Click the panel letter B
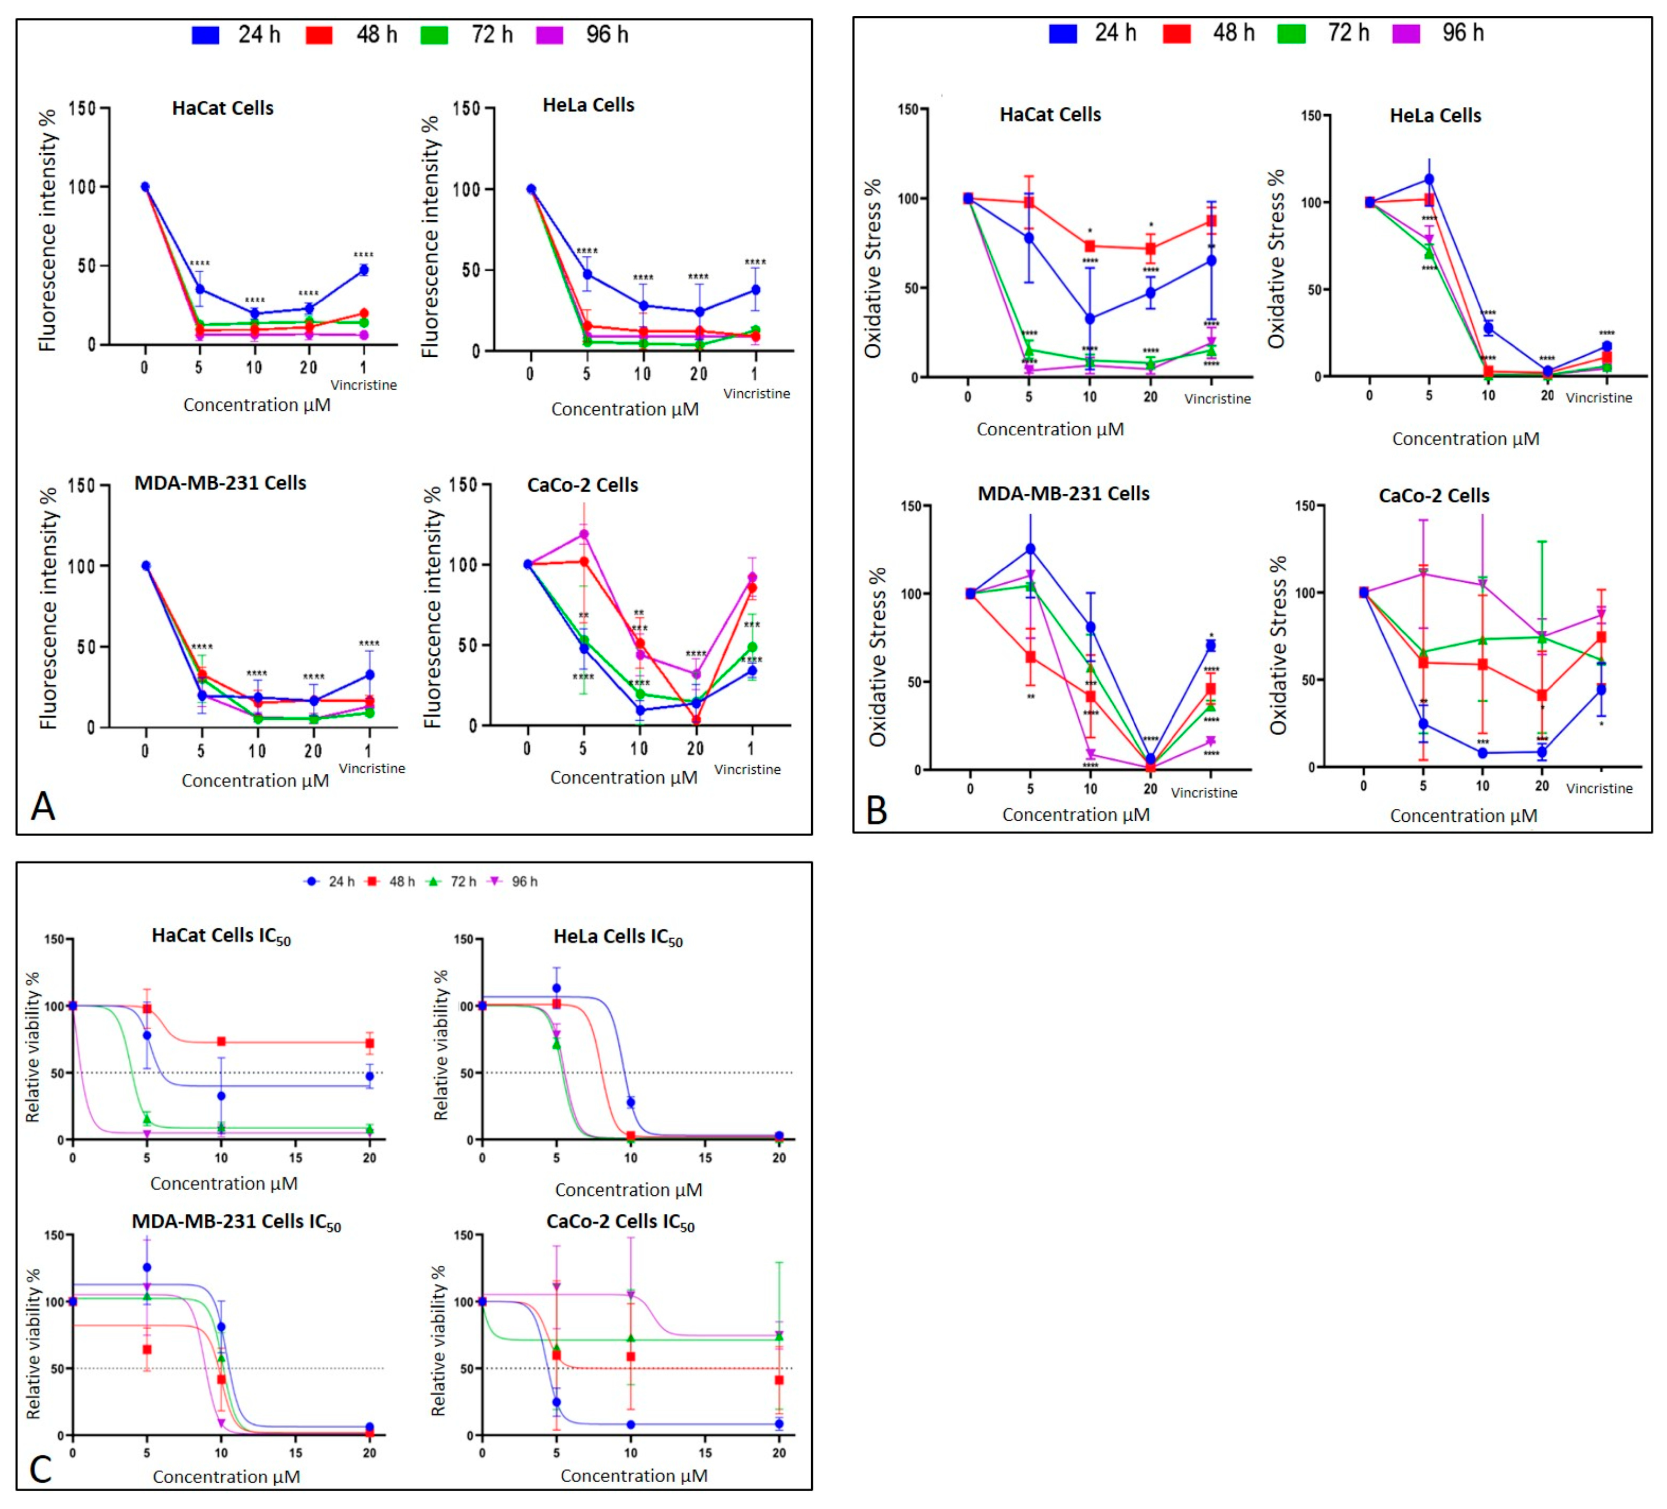[x=876, y=810]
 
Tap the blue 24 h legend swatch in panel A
[x=205, y=35]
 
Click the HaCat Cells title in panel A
[x=223, y=108]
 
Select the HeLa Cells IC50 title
[x=618, y=937]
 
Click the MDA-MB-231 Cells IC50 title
[x=236, y=1222]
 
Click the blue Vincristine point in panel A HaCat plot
[x=363, y=270]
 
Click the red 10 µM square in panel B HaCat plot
[x=1090, y=246]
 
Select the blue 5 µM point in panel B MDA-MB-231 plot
[x=1030, y=548]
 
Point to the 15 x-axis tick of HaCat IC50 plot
[x=296, y=1157]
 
